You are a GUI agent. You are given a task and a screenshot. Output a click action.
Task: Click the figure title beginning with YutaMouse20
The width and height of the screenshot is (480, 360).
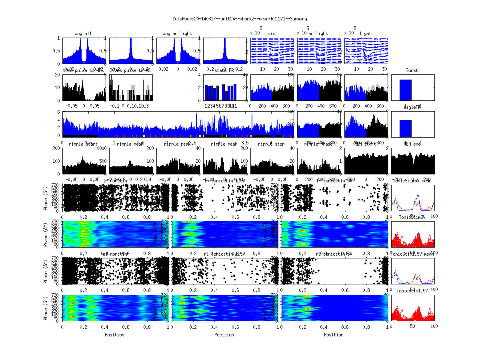240,18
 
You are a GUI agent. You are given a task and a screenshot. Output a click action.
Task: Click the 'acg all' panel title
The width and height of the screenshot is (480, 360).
83,34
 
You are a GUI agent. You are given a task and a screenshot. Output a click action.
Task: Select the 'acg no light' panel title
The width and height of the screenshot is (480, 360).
177,34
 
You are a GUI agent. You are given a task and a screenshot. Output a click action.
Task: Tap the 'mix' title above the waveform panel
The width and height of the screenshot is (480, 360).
272,34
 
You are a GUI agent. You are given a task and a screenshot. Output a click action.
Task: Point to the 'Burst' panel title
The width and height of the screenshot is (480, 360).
412,70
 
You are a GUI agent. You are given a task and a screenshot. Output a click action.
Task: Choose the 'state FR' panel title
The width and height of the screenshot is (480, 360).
224,70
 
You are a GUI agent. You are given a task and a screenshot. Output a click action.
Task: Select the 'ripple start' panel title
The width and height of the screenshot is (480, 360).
83,144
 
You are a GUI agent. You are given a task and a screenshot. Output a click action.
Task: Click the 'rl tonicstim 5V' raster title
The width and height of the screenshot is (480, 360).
334,254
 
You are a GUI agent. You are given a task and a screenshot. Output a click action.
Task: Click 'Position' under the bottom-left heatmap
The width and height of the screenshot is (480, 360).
114,335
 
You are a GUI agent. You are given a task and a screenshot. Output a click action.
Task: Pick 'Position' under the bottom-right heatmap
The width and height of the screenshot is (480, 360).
334,335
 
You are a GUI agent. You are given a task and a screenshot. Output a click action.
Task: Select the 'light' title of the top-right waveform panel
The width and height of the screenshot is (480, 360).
365,34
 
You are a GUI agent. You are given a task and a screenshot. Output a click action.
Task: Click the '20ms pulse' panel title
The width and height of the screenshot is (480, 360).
130,70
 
